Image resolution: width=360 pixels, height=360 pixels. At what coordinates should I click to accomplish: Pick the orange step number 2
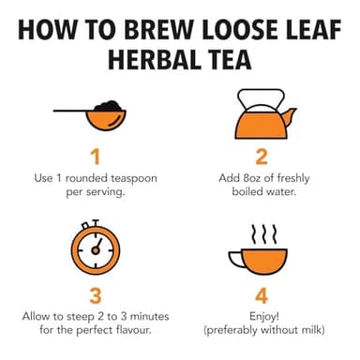pos(262,156)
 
